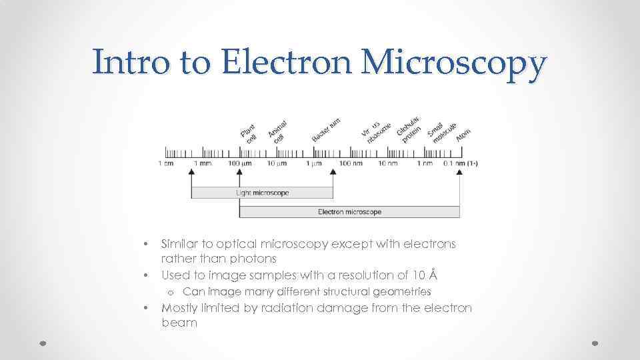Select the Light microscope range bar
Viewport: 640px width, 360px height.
(x=262, y=193)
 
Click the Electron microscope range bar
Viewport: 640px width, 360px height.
(x=349, y=212)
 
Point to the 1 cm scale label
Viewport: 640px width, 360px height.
(x=166, y=163)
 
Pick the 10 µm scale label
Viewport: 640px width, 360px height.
(x=277, y=163)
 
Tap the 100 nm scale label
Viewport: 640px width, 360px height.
(x=350, y=163)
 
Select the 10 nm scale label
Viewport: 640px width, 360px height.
(x=387, y=163)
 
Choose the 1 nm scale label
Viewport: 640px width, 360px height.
(x=425, y=163)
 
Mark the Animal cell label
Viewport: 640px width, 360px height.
(x=277, y=131)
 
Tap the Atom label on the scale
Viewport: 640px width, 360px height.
(x=463, y=136)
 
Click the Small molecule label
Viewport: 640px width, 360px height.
(x=441, y=132)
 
